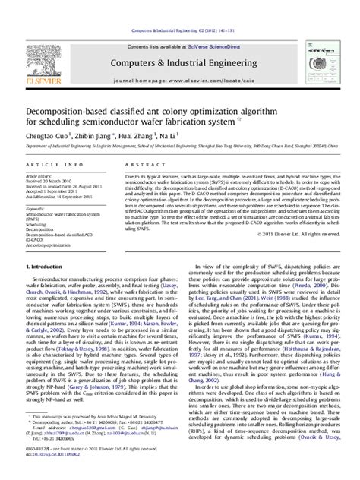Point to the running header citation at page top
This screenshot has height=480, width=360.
(179, 8)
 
